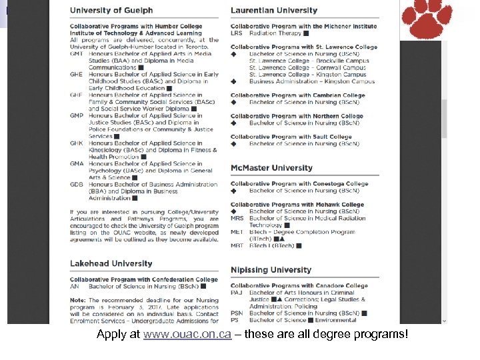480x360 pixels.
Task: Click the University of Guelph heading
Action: pyautogui.click(x=111, y=11)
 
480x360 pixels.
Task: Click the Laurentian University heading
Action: pyautogui.click(x=274, y=11)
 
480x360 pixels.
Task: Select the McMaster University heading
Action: pyautogui.click(x=271, y=168)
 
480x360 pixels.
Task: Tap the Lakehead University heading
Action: pyautogui.click(x=111, y=263)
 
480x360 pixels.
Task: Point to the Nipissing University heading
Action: pyautogui.click(x=271, y=270)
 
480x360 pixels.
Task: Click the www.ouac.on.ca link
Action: pyautogui.click(x=187, y=335)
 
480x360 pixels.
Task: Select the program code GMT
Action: pyautogui.click(x=77, y=54)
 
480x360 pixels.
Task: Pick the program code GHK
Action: pyautogui.click(x=77, y=143)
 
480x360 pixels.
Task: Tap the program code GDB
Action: pyautogui.click(x=77, y=185)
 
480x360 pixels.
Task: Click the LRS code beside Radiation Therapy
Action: pyautogui.click(x=237, y=33)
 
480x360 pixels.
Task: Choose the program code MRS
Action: pyautogui.click(x=237, y=219)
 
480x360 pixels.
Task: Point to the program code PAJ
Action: pyautogui.click(x=237, y=293)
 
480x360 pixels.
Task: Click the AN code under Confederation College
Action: pyautogui.click(x=75, y=287)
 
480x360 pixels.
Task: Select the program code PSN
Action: pyautogui.click(x=237, y=313)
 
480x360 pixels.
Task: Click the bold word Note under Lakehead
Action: pyautogui.click(x=77, y=300)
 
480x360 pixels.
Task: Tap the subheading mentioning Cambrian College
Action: pyautogui.click(x=298, y=95)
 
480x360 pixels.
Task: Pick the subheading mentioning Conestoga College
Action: pyautogui.click(x=299, y=184)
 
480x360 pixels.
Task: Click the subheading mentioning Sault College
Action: pyautogui.click(x=291, y=137)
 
